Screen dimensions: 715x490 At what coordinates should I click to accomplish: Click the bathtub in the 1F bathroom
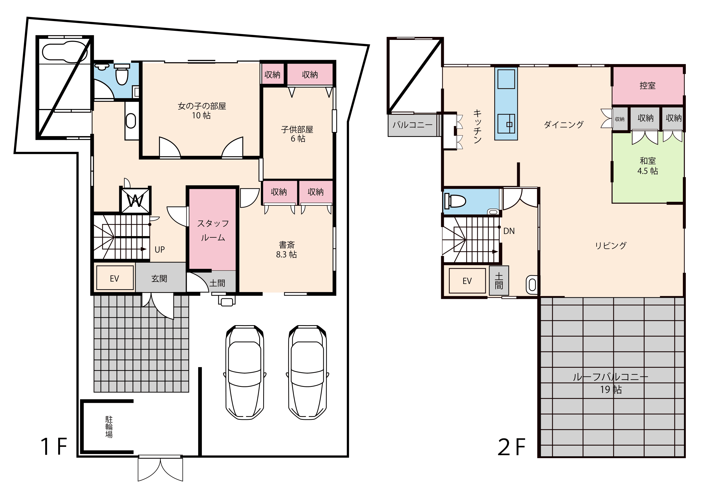(x=65, y=52)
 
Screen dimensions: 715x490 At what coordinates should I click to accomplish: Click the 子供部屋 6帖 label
(x=297, y=134)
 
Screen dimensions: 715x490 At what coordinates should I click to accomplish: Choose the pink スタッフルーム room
(x=212, y=230)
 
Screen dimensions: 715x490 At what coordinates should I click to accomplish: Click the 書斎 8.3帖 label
(x=286, y=250)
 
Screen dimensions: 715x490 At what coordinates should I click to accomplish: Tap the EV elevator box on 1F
(x=115, y=278)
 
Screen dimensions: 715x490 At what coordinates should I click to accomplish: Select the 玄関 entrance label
(x=159, y=279)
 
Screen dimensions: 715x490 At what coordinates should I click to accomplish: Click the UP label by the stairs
(x=160, y=249)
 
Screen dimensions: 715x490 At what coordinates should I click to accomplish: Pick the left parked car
(x=245, y=372)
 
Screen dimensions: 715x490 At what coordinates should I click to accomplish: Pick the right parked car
(x=307, y=372)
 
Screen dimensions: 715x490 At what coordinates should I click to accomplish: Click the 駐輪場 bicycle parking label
(x=109, y=427)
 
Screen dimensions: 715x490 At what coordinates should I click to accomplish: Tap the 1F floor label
(x=54, y=447)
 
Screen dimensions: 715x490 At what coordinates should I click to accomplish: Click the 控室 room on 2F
(x=648, y=86)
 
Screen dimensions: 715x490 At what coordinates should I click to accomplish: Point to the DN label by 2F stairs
(x=509, y=231)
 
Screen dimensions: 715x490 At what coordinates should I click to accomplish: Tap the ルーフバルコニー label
(x=610, y=377)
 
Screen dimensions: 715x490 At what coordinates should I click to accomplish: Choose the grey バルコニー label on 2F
(x=412, y=125)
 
